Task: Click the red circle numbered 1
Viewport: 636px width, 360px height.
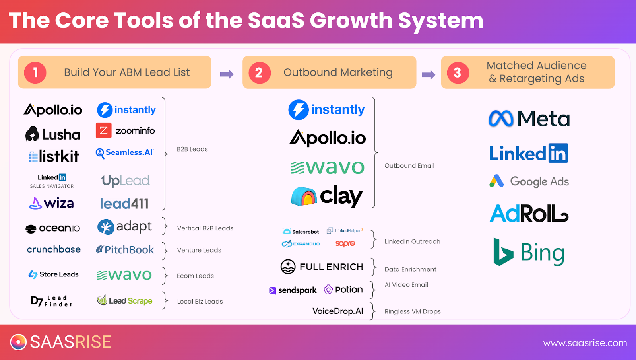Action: pos(35,73)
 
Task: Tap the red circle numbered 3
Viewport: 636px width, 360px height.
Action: pos(458,73)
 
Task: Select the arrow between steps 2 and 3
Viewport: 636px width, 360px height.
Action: pos(429,74)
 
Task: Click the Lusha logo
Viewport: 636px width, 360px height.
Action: pos(53,134)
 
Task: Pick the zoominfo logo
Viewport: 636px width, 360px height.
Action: pos(125,130)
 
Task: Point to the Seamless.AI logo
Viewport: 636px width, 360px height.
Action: pos(125,153)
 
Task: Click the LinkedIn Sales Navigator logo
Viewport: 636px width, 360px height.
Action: pos(52,181)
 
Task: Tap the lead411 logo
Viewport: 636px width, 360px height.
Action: pos(124,203)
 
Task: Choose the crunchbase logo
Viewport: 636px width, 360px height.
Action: pos(54,249)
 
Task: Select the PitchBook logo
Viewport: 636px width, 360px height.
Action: pos(125,249)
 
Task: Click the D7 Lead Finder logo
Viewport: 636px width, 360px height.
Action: pos(52,301)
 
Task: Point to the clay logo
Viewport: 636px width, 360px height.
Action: pos(327,196)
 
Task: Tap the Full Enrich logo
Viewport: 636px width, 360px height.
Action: pos(322,267)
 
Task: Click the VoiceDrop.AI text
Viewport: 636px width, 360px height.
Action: pos(337,311)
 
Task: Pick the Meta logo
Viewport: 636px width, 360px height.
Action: pos(529,119)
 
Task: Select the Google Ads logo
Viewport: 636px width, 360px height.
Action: pos(529,181)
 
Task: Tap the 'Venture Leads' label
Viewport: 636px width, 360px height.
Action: pos(199,250)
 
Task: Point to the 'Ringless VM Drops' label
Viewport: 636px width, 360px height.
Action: pos(413,311)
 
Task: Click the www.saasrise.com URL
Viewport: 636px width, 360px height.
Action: pos(585,343)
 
